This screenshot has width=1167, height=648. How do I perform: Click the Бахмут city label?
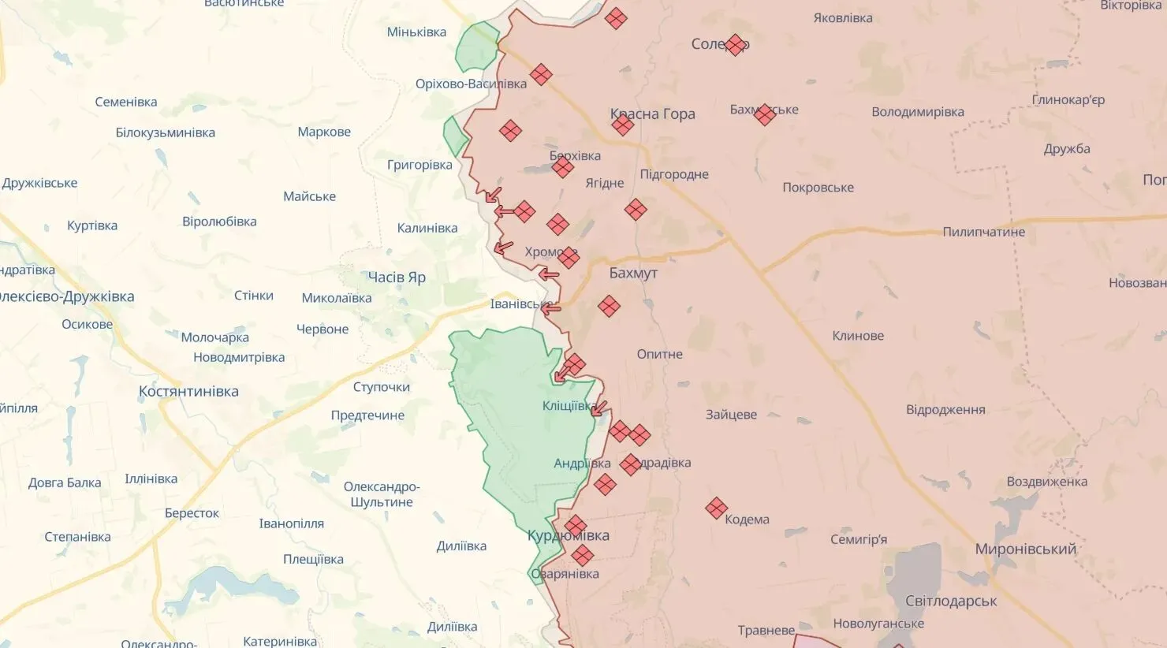point(633,273)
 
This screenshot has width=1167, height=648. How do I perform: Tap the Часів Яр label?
point(397,277)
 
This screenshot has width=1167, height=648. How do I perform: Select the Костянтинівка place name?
point(188,391)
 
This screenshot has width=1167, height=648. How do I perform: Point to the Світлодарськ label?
point(951,601)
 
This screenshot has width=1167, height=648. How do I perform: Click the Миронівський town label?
point(1025,549)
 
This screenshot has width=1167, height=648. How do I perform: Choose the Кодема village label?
point(747,520)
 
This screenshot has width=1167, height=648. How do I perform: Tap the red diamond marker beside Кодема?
point(716,508)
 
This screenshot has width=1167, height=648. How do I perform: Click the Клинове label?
point(858,336)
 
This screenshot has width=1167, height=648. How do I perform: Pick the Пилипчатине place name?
point(983,232)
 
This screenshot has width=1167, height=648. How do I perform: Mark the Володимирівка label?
point(917,112)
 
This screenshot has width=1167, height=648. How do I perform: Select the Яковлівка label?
point(843,17)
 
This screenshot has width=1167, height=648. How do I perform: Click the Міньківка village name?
point(416,32)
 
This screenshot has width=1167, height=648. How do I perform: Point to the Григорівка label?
point(419,165)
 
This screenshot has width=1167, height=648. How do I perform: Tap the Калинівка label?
point(427,228)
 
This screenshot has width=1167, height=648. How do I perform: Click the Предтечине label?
point(367,415)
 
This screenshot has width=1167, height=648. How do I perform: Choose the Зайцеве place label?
point(731,414)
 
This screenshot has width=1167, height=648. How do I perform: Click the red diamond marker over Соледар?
point(736,45)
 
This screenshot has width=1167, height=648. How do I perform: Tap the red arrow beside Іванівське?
point(550,308)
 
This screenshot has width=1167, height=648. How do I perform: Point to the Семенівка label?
point(125,102)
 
